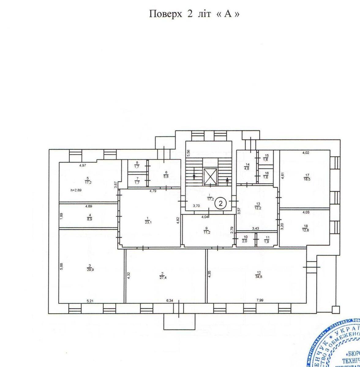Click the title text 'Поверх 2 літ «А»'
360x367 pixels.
click(194, 14)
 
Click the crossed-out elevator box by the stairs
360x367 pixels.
click(210, 177)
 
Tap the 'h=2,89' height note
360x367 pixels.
click(76, 190)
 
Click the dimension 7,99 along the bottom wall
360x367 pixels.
click(259, 300)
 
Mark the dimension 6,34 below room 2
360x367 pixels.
click(169, 300)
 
